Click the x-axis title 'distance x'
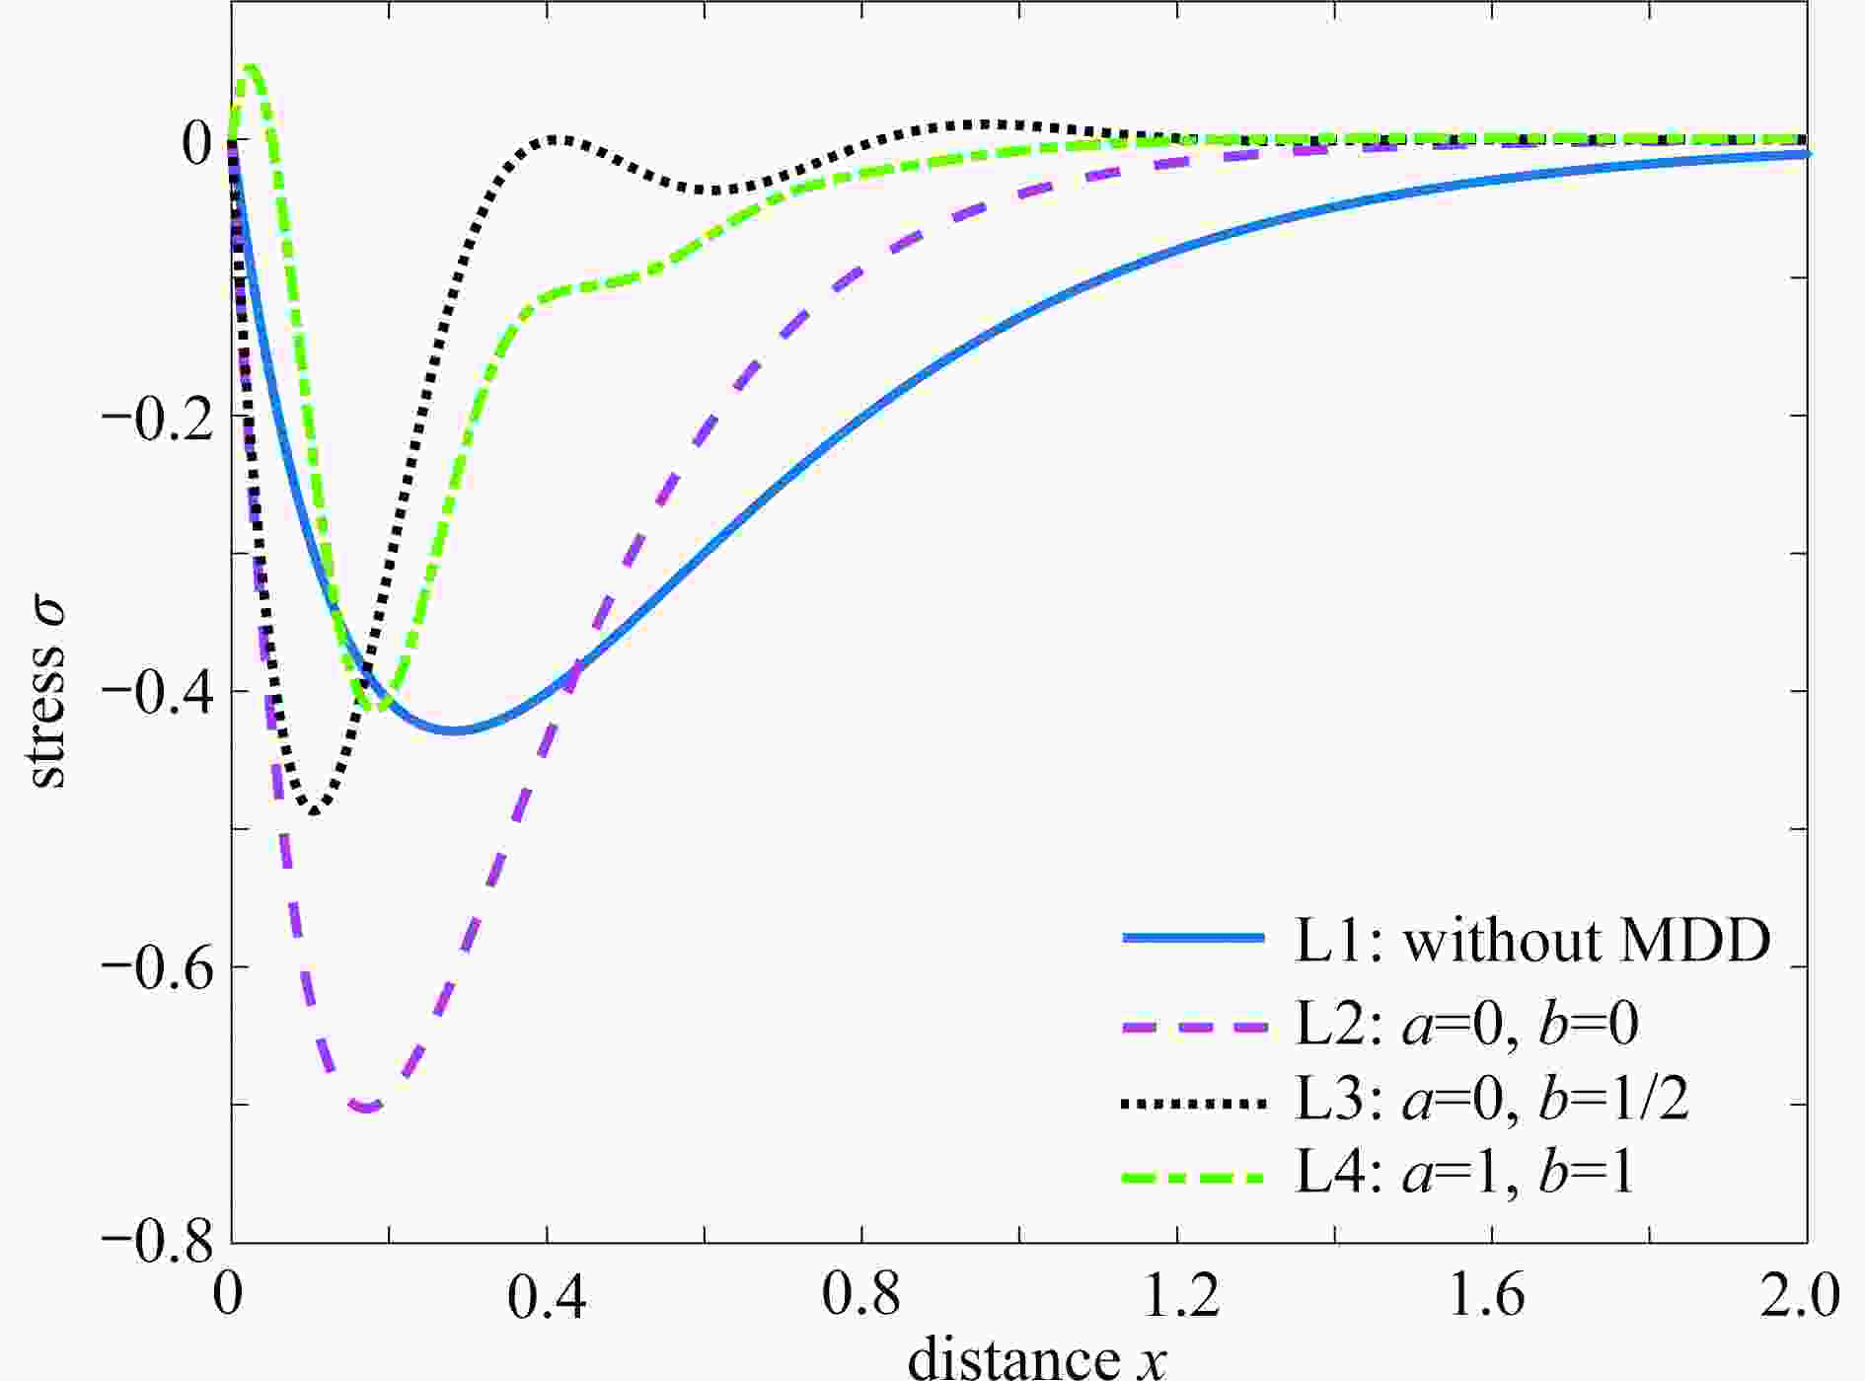coord(1036,1356)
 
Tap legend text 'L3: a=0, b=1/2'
coord(1492,1100)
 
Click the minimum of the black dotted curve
coord(314,811)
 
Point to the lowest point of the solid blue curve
coord(454,730)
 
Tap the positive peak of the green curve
coord(251,67)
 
